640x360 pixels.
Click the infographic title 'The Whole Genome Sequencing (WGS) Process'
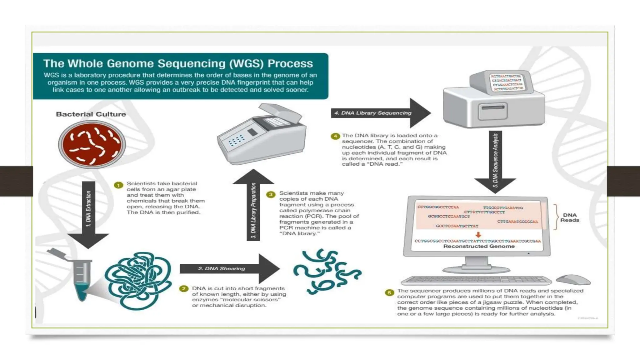pos(178,63)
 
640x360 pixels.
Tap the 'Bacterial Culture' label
pos(91,114)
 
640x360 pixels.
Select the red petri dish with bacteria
pos(92,145)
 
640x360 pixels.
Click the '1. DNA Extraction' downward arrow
pos(88,212)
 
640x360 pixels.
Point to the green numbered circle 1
pos(118,185)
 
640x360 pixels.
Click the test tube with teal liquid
pos(82,278)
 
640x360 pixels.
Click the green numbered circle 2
pos(184,288)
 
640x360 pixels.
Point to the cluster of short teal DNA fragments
pos(327,271)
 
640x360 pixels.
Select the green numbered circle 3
pos(271,194)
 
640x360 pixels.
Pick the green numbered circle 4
pos(335,136)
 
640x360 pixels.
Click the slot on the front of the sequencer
pos(493,108)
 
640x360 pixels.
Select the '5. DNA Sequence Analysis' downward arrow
pos(495,161)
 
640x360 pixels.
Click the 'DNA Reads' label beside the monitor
pos(569,217)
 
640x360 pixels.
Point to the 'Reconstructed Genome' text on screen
pos(479,246)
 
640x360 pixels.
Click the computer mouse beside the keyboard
pos(573,279)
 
